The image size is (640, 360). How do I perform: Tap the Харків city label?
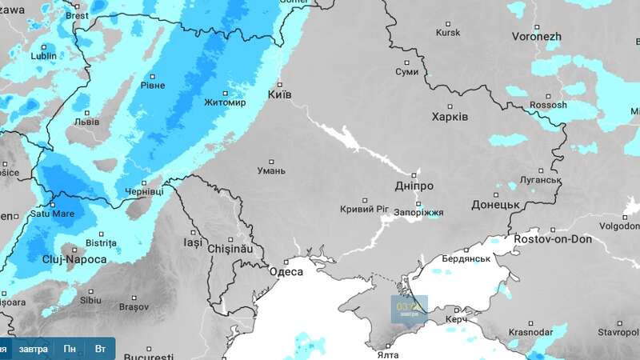(450, 116)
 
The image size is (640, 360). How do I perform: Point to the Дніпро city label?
(414, 186)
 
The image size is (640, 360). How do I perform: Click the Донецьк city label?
(496, 205)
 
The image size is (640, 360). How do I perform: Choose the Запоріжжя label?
(418, 213)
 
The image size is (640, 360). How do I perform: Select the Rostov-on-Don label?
(553, 239)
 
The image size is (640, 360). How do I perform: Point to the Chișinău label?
(230, 250)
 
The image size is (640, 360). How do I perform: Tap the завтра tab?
(33, 350)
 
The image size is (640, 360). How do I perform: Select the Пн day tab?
(70, 350)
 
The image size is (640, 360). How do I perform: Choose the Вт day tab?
(100, 350)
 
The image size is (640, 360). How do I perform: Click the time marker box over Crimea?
(409, 308)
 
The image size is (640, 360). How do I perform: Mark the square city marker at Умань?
(271, 159)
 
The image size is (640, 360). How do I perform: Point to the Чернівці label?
(145, 193)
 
